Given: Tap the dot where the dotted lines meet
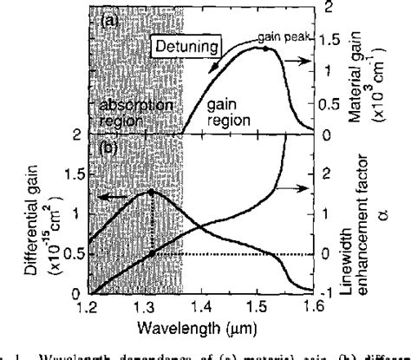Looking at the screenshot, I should point(152,253).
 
